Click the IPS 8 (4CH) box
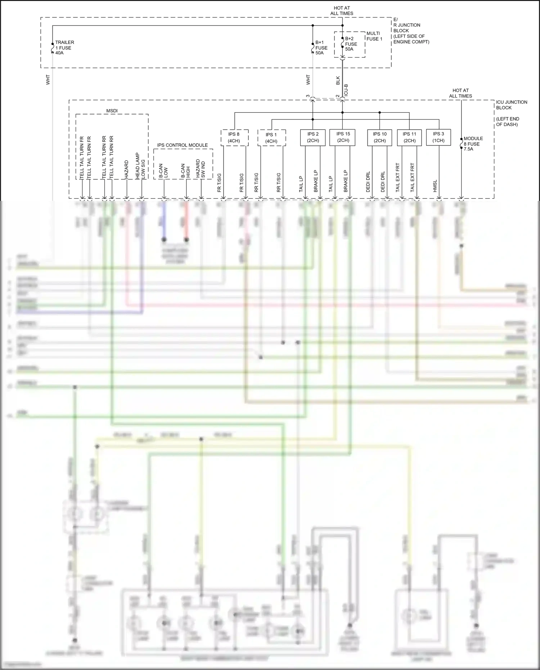click(x=234, y=138)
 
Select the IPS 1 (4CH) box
click(x=271, y=138)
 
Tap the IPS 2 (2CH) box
click(x=313, y=138)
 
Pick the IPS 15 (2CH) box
click(x=342, y=138)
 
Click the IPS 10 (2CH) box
click(x=380, y=138)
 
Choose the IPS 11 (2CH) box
click(x=409, y=138)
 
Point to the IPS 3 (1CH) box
click(x=438, y=138)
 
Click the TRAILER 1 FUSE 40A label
click(x=64, y=48)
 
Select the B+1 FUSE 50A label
click(x=321, y=48)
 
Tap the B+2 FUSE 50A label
click(x=351, y=44)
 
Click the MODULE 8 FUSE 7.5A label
click(x=473, y=144)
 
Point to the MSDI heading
click(x=112, y=111)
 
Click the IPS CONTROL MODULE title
click(x=182, y=145)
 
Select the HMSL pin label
click(x=435, y=186)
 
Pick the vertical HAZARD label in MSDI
click(x=127, y=169)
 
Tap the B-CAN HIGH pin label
click(x=185, y=171)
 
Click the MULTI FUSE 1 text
click(x=374, y=36)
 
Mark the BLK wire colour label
click(x=338, y=80)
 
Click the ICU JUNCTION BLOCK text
click(x=511, y=105)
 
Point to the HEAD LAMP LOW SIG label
click(x=140, y=166)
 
